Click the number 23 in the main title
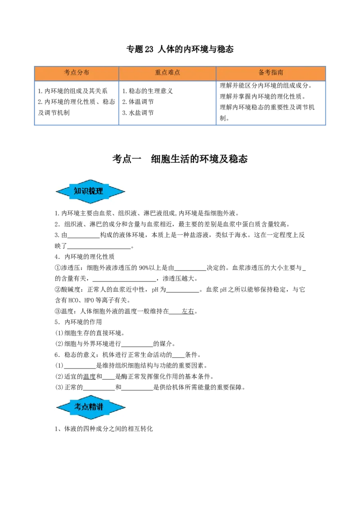point(149,49)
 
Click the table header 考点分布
point(76,72)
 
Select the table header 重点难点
point(167,72)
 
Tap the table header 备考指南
point(271,72)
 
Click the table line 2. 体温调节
point(138,102)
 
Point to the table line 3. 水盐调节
point(138,113)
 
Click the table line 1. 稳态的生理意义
point(148,91)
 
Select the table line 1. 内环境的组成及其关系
point(72,91)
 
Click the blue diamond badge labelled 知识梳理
point(90,191)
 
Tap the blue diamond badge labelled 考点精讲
point(90,407)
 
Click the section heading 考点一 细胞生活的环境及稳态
point(180,159)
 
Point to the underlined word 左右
point(188,311)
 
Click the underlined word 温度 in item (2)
point(90,376)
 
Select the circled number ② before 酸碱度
point(58,290)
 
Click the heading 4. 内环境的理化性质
point(85,257)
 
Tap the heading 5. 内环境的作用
point(78,322)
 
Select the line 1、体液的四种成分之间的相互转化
point(103,429)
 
